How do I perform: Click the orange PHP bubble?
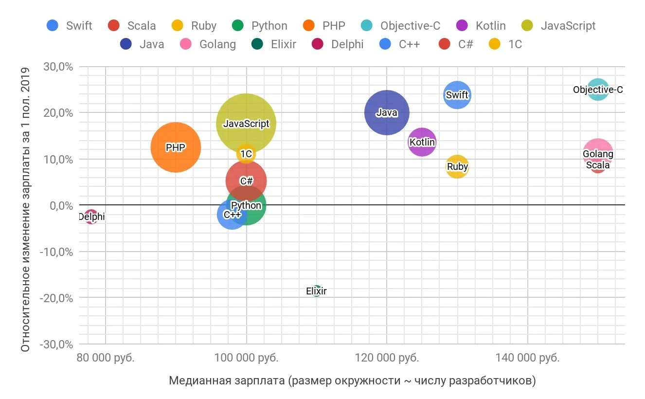(176, 147)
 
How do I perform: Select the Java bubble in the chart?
(387, 112)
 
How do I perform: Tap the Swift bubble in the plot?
(457, 94)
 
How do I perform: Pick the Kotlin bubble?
(422, 142)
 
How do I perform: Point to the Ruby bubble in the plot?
(457, 167)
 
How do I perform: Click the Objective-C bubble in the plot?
(598, 90)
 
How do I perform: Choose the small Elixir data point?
(317, 291)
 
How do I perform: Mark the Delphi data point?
(91, 217)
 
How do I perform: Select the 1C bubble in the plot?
(246, 154)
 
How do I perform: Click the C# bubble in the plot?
(246, 181)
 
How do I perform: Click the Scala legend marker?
(114, 26)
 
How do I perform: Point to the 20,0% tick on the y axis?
(59, 113)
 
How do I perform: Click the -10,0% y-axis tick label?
(57, 252)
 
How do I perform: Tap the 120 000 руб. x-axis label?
(387, 358)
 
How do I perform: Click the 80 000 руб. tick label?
(106, 358)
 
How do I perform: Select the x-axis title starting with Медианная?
(352, 381)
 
